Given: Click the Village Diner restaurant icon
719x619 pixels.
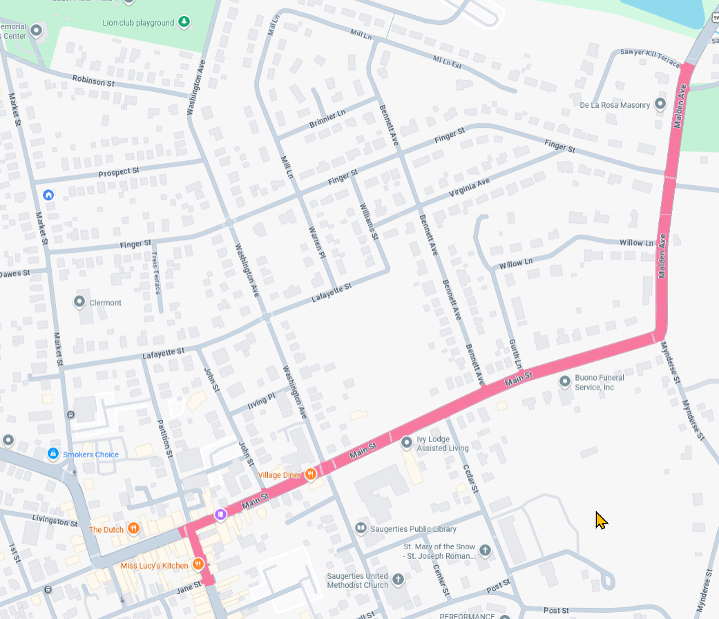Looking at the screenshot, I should pos(311,474).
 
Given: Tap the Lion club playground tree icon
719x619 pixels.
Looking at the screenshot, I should pos(184,23).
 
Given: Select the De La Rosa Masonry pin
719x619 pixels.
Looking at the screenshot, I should pos(660,104).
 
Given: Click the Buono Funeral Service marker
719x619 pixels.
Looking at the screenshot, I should pos(565,381).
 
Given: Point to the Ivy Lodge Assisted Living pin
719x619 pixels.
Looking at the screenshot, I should pos(406,441).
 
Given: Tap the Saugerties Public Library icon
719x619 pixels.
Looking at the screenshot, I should pos(361,528).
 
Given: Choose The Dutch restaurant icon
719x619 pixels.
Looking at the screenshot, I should pos(134,529).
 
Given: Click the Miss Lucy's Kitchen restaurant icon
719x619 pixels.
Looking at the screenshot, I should pos(198,564).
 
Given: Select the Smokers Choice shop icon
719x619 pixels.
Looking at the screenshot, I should pos(52,454).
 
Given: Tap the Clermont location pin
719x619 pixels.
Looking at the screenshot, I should pos(79,302).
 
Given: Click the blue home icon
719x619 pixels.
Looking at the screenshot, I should pos(48,195).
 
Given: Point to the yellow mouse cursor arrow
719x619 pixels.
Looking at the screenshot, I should pos(600,520).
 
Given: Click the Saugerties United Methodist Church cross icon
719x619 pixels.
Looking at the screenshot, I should pos(397,579).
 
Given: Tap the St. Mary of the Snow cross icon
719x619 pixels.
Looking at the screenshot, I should pos(485,550).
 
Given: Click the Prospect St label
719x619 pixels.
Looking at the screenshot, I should pos(119,171).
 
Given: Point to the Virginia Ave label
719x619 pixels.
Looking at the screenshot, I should pos(468,187).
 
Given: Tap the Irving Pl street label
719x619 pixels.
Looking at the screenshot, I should pos(262,399).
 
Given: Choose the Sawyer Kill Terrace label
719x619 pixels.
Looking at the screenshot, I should pos(649,53).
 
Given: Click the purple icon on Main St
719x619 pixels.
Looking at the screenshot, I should pos(220,514).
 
